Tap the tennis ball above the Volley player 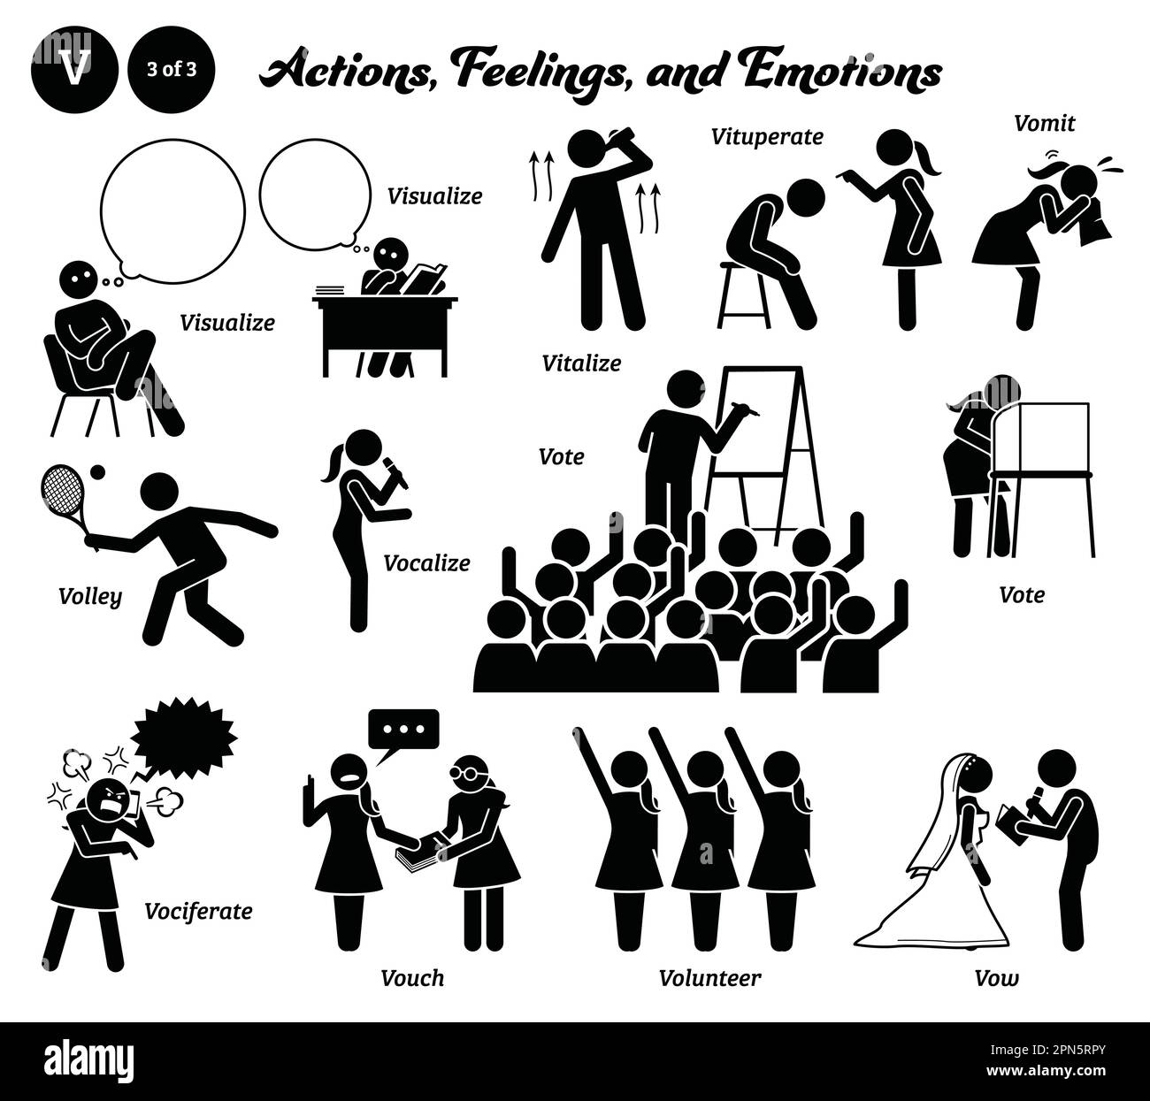tap(97, 471)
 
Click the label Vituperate tap(767, 137)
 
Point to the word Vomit tap(1044, 123)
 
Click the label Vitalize tap(581, 363)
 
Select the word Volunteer tap(709, 978)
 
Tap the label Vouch tap(412, 978)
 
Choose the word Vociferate tap(198, 912)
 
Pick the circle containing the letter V tap(74, 70)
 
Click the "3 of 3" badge tap(172, 70)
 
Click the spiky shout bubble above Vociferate tap(183, 737)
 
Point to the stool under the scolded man tap(743, 294)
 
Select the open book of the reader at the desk tap(424, 279)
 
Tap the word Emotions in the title tap(841, 72)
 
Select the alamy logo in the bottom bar tap(88, 1060)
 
